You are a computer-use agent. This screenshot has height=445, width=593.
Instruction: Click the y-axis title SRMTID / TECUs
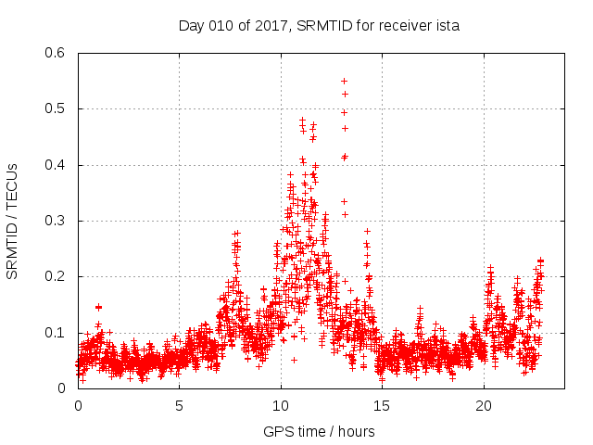(x=13, y=221)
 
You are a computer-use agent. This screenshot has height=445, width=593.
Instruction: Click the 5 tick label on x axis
(x=180, y=406)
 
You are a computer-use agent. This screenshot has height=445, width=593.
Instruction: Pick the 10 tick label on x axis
(x=281, y=406)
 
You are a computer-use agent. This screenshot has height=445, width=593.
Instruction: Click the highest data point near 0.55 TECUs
(x=344, y=81)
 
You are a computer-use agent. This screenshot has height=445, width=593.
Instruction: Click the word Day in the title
(x=190, y=26)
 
